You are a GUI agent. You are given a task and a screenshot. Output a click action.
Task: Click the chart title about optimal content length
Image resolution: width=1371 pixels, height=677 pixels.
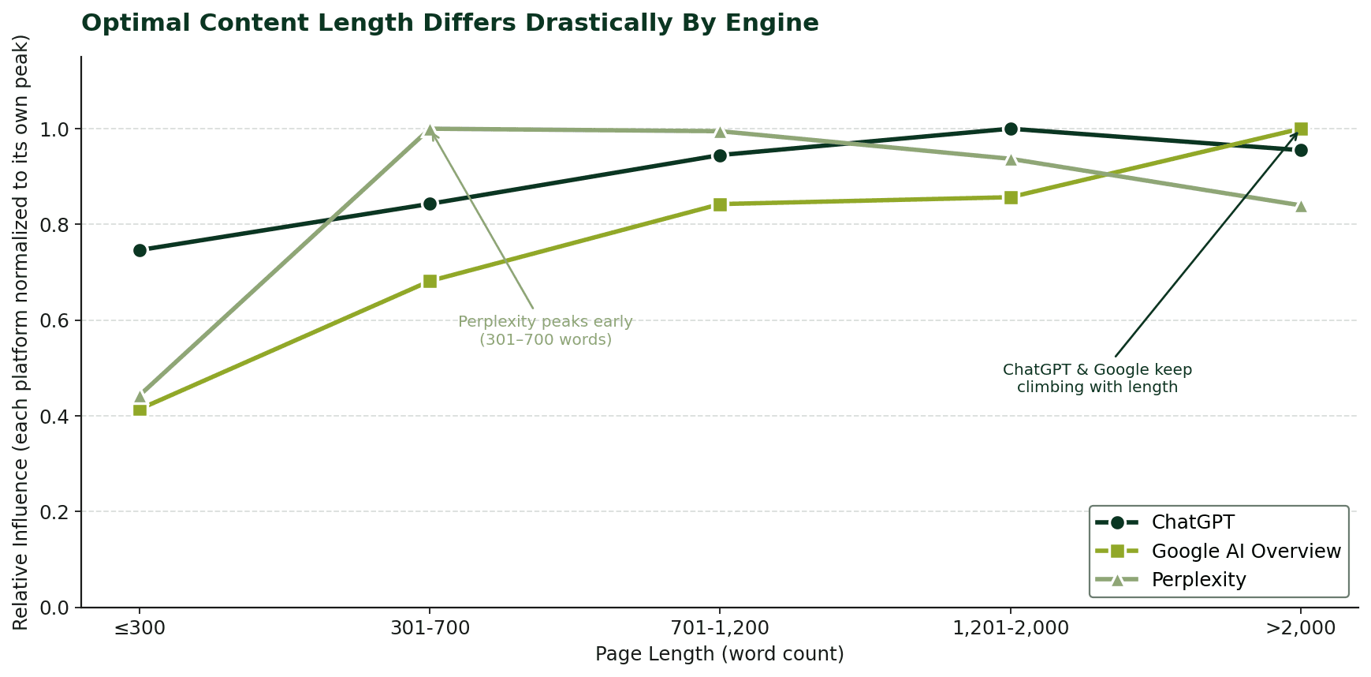tap(449, 23)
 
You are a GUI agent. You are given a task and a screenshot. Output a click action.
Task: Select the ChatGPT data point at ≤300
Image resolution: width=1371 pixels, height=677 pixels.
tap(140, 250)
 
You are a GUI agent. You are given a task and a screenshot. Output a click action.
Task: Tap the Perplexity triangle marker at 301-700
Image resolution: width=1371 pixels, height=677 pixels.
tap(430, 129)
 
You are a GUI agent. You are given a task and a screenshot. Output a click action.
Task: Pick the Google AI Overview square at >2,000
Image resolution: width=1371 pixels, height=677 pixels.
tap(1301, 129)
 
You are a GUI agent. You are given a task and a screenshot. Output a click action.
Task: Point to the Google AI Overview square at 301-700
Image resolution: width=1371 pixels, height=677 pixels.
tap(430, 281)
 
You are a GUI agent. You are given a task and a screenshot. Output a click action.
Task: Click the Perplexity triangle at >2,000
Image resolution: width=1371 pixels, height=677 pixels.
tap(1301, 206)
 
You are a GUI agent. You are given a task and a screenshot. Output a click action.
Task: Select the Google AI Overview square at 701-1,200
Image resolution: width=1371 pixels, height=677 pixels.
tap(720, 204)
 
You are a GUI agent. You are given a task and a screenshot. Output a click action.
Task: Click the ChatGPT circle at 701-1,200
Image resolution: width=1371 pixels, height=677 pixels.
tap(720, 155)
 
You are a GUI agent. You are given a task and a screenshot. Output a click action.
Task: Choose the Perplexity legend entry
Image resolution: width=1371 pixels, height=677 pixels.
tap(1198, 580)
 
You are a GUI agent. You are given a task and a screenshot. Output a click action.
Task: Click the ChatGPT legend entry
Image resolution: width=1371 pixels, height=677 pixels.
tap(1192, 522)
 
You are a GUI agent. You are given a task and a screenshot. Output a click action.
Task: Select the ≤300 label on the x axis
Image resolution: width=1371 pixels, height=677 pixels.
tap(140, 629)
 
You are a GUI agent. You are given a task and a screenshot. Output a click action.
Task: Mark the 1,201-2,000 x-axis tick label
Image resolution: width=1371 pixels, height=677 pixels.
tap(1011, 629)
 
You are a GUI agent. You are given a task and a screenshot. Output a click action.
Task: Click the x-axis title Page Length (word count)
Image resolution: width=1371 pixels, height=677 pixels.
tap(719, 654)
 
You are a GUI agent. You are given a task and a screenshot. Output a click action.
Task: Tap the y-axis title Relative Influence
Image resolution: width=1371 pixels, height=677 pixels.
tap(21, 331)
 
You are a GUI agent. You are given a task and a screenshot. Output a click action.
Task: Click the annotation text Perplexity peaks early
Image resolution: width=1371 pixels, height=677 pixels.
tap(546, 331)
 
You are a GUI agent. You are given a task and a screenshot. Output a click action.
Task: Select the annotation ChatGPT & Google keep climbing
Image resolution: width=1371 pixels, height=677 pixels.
tap(1097, 378)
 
